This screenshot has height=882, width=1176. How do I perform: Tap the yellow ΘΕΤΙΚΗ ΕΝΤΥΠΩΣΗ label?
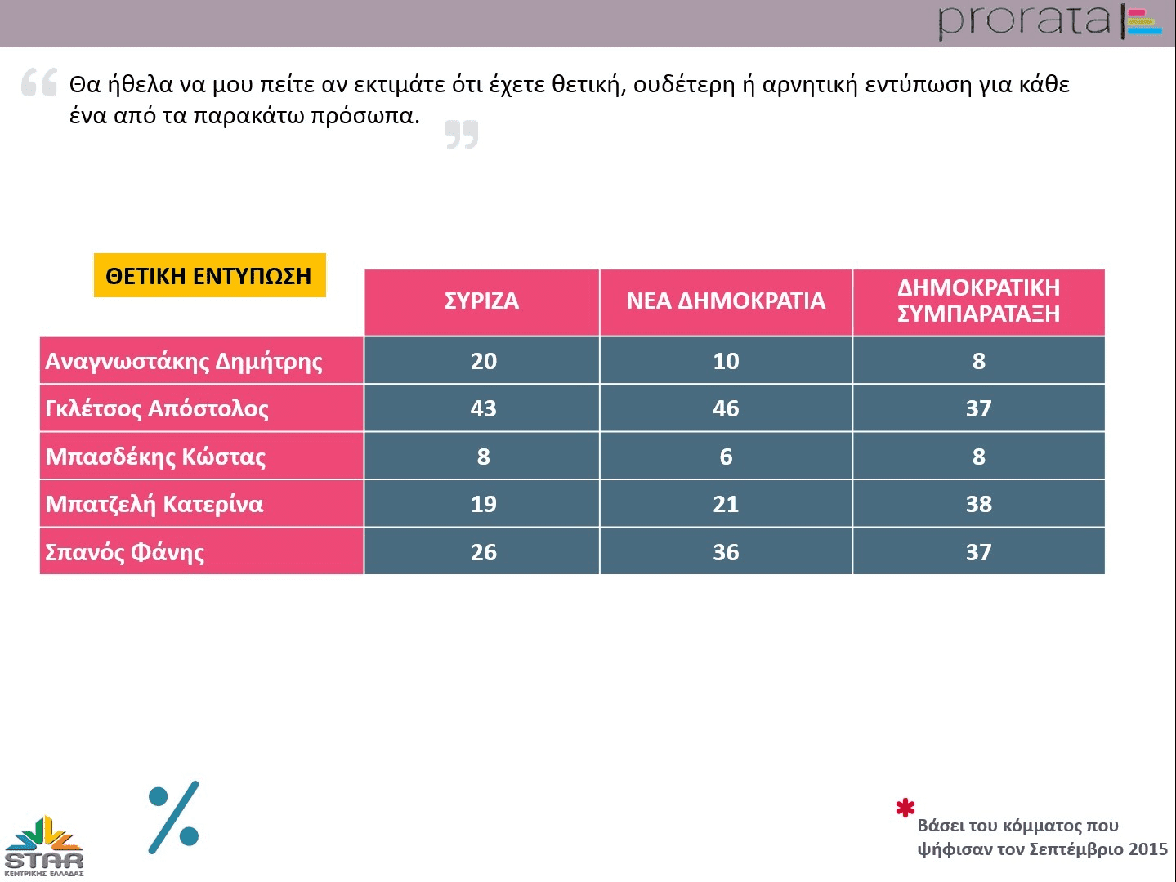pos(209,276)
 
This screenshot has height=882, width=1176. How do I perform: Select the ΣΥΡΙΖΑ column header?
pos(481,301)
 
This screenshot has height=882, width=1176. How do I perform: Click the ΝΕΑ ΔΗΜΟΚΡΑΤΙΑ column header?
pos(726,301)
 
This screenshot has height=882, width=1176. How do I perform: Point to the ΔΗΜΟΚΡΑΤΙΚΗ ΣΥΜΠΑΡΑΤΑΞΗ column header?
pos(978,301)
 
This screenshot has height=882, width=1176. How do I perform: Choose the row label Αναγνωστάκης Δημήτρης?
pos(184,361)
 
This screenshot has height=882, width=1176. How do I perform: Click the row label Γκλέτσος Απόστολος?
pos(157,408)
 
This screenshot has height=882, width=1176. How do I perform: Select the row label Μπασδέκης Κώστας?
pos(155,457)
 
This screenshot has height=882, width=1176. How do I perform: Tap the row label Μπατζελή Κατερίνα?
pos(154,504)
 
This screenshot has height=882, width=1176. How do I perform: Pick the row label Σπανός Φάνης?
pos(125,552)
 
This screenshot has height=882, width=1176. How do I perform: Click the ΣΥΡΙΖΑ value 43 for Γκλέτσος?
pos(483,408)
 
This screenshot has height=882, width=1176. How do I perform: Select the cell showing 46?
pos(726,408)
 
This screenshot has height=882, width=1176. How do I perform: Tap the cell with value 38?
pos(978,504)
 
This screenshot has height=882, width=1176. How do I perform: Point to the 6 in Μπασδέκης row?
pos(726,457)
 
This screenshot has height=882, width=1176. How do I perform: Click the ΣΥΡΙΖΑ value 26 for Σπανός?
pos(483,552)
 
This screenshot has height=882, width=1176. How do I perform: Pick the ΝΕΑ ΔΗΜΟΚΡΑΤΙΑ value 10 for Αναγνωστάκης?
pos(726,361)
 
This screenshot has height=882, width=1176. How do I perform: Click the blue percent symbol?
pos(174,817)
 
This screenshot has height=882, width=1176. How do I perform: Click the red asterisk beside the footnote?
pos(905,808)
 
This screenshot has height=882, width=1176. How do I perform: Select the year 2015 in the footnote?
pos(1147,849)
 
